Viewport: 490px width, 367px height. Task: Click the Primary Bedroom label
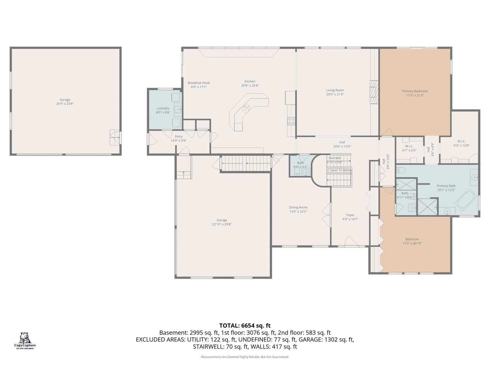tap(415, 91)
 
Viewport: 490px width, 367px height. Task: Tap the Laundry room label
tap(163, 108)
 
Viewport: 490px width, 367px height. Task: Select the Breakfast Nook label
tap(199, 83)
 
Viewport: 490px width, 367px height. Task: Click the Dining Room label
tap(298, 207)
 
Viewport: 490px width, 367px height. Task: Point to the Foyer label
tap(350, 215)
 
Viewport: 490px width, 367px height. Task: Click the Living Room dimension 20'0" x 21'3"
tap(335, 94)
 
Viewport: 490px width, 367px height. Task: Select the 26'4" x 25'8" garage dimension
tap(65, 104)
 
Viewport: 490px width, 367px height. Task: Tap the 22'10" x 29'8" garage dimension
tap(222, 224)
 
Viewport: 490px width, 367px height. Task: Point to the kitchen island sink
tap(246, 108)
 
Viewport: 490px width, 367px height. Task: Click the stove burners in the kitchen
tap(291, 121)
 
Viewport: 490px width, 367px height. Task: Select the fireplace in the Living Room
tap(374, 92)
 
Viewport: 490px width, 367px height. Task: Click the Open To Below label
tap(341, 170)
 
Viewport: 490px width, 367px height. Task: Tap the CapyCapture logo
tap(25, 340)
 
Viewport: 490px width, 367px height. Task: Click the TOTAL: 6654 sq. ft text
tap(245, 326)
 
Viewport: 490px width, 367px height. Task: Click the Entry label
tap(179, 137)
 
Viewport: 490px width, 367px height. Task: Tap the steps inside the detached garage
tap(115, 137)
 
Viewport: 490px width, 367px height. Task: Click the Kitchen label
tap(250, 82)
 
